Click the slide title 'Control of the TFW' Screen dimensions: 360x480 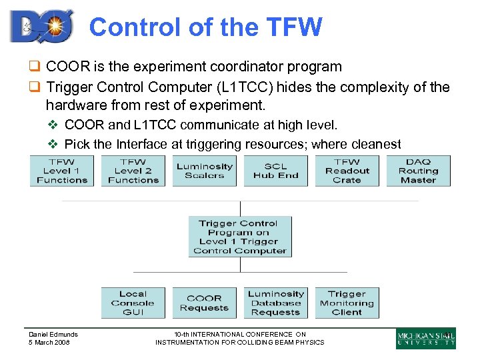tap(205, 27)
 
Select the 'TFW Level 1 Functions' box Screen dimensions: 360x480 tap(62, 171)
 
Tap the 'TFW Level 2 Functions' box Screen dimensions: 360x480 tap(133, 171)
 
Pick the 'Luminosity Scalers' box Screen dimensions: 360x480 tap(205, 171)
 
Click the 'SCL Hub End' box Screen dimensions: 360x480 tap(275, 171)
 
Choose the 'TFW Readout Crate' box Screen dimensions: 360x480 tap(347, 171)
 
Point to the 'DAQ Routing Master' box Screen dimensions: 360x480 tap(418, 171)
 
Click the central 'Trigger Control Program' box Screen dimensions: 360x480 tap(239, 237)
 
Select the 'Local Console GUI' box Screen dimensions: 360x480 tap(133, 303)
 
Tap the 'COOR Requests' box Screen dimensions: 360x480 tap(204, 303)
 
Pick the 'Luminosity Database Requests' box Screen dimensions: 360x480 tap(275, 303)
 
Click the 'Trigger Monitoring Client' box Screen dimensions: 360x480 tap(347, 303)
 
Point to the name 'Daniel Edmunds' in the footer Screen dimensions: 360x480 tap(53, 335)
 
